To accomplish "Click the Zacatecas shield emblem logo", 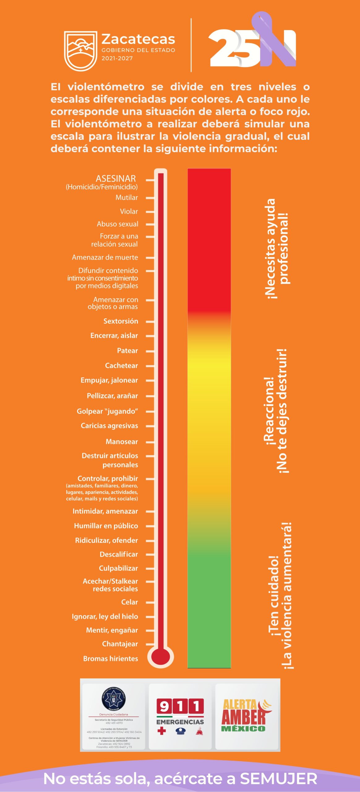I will [80, 51].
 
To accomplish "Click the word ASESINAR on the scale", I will [116, 179].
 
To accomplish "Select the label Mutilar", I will [126, 197].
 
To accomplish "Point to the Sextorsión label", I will [121, 321].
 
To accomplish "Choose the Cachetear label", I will [121, 365].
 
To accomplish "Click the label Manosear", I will [122, 441].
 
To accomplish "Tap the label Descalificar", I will [118, 554].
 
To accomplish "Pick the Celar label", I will [129, 602].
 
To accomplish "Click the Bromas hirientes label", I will [110, 658].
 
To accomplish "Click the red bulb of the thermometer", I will [160, 657].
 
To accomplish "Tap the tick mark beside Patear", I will [150, 351].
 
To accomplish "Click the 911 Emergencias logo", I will [180, 716].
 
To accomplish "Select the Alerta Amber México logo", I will [246, 715].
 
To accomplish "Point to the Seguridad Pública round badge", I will [114, 699].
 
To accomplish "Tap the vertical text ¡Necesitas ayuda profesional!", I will [277, 249].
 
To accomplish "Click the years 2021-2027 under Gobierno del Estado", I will [117, 58].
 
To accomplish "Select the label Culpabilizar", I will [118, 568].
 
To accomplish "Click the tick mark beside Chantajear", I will [150, 644].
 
